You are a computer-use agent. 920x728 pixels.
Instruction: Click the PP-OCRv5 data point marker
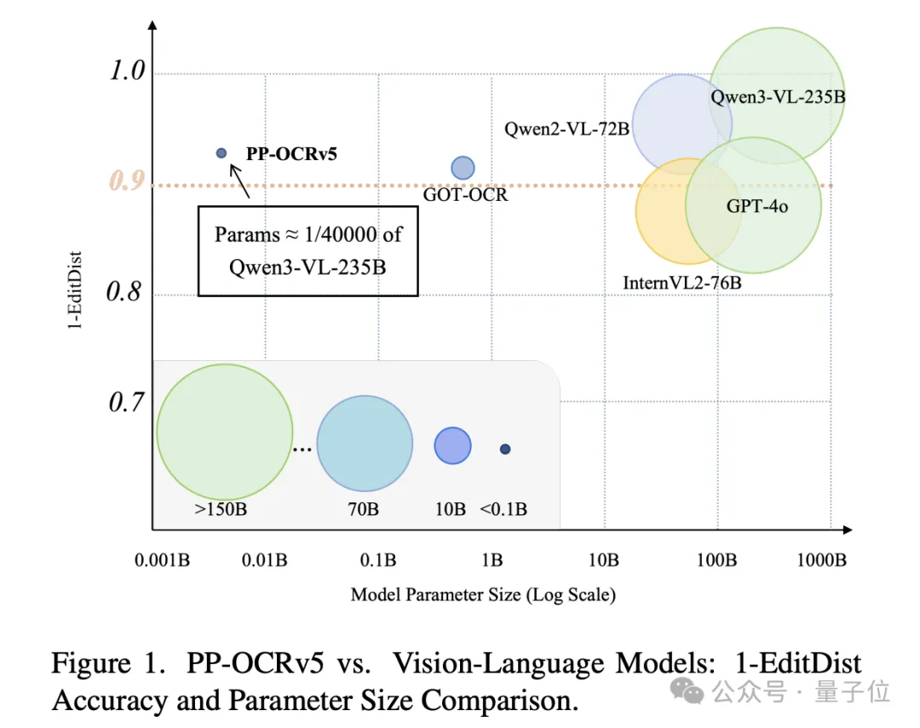(x=221, y=152)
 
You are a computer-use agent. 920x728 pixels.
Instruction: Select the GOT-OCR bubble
(x=463, y=168)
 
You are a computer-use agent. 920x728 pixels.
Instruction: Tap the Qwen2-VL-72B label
(x=566, y=129)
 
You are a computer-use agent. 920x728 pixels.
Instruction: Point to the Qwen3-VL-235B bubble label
(x=778, y=97)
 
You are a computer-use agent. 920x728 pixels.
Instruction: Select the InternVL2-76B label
(x=682, y=281)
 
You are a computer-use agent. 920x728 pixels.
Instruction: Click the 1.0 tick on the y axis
(x=128, y=72)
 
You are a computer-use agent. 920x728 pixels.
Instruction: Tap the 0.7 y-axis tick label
(x=128, y=401)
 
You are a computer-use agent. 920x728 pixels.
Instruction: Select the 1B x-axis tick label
(x=492, y=560)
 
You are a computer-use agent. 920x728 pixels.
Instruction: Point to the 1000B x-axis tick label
(x=821, y=560)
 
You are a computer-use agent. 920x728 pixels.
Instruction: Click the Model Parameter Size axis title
(x=483, y=593)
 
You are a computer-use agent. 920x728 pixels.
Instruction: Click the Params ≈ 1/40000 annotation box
(x=308, y=250)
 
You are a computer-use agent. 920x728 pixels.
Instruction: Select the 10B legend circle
(x=452, y=445)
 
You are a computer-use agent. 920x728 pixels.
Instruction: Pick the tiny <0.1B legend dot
(x=505, y=449)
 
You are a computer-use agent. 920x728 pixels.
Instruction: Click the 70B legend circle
(x=365, y=443)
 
